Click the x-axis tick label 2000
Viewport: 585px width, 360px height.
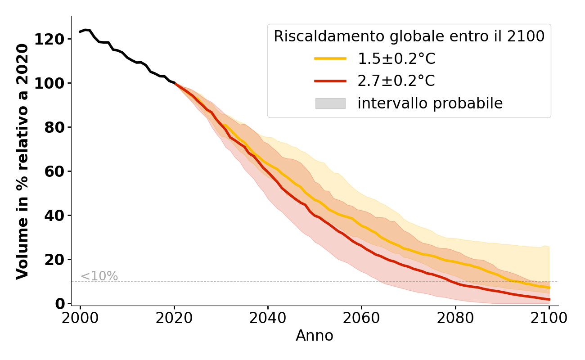click(80, 318)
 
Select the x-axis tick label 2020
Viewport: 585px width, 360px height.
click(174, 318)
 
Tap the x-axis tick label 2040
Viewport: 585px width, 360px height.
click(268, 318)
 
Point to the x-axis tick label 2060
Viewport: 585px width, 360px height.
click(361, 318)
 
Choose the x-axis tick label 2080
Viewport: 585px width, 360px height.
click(455, 318)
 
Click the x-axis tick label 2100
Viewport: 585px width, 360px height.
click(549, 318)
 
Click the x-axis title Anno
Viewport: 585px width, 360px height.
click(315, 336)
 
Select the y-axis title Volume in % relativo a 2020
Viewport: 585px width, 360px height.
click(22, 161)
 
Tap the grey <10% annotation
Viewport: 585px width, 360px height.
click(99, 276)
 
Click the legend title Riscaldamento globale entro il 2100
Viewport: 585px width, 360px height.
click(409, 36)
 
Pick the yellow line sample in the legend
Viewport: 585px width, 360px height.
click(330, 58)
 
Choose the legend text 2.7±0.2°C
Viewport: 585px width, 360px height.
click(396, 81)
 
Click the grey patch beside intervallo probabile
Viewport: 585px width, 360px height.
click(330, 103)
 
